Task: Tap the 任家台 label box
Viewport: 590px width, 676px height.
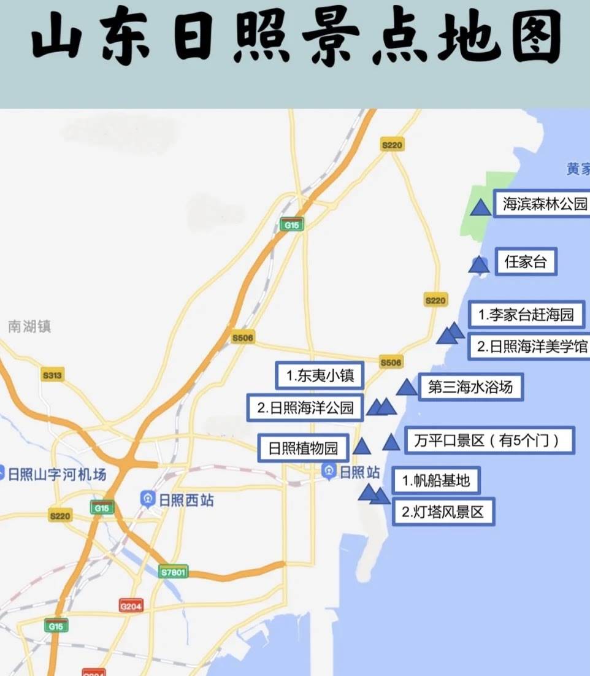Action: pyautogui.click(x=526, y=263)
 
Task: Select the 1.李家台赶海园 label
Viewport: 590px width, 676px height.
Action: pyautogui.click(x=526, y=315)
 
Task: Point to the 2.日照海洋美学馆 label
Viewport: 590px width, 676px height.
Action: pyautogui.click(x=531, y=347)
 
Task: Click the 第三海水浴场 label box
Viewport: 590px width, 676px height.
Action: pyautogui.click(x=470, y=387)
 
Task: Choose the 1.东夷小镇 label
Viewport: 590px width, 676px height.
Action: pyautogui.click(x=320, y=375)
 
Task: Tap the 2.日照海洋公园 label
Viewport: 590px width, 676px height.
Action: pyautogui.click(x=305, y=407)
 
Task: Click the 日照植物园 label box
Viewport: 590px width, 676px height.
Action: pyautogui.click(x=304, y=448)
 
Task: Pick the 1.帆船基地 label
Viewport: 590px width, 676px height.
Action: pyautogui.click(x=436, y=480)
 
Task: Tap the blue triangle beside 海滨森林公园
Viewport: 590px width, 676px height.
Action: pyautogui.click(x=481, y=207)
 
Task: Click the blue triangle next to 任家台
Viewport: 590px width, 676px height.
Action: pyautogui.click(x=478, y=264)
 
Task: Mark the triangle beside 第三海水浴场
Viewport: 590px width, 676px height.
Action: pyautogui.click(x=406, y=387)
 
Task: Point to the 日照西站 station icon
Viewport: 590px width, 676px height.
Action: pyautogui.click(x=147, y=498)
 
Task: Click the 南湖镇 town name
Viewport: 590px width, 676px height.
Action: pyautogui.click(x=29, y=326)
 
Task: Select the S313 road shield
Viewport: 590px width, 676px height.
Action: pyautogui.click(x=52, y=375)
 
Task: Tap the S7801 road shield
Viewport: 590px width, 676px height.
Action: pyautogui.click(x=173, y=572)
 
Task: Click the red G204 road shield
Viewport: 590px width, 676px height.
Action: pyautogui.click(x=131, y=606)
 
